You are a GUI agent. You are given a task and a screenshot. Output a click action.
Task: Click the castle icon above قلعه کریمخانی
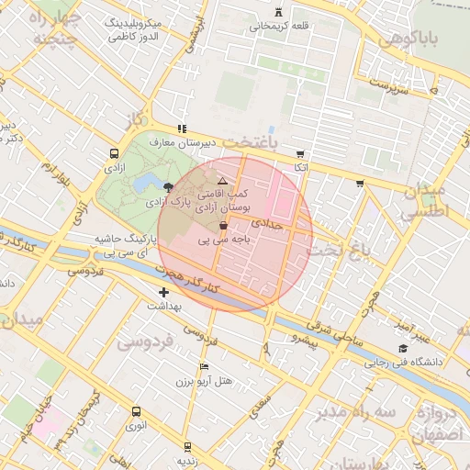click(279, 13)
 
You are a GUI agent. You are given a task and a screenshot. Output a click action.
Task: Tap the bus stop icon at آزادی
click(114, 154)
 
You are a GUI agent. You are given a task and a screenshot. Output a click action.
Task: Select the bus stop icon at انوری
click(137, 412)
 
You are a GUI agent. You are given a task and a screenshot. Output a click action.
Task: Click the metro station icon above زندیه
click(188, 446)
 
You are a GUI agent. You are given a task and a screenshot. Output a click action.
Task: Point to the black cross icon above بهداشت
click(163, 292)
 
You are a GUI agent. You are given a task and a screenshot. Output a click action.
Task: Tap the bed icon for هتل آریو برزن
click(203, 366)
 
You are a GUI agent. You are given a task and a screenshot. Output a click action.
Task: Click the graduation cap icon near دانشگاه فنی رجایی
click(403, 348)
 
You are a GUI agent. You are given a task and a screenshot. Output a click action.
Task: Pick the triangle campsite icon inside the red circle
click(222, 181)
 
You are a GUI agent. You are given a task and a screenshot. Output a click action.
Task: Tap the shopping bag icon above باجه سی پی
click(223, 225)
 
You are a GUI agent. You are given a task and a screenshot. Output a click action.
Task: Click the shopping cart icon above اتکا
click(300, 154)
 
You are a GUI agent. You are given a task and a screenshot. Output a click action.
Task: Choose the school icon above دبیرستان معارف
click(182, 129)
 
